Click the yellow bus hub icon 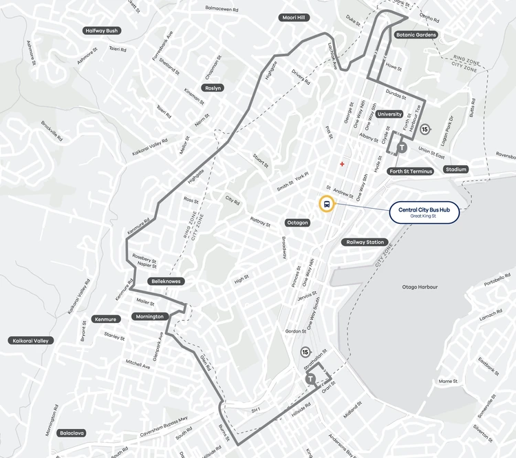click(326, 204)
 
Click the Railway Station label click(365, 242)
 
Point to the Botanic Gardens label click(417, 34)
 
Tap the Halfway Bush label click(101, 31)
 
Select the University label click(389, 114)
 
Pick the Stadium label click(455, 169)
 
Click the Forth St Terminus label click(410, 171)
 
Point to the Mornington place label click(149, 317)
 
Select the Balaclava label click(72, 433)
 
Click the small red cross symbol click(342, 164)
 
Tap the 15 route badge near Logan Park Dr click(425, 129)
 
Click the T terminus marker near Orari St click(311, 379)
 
